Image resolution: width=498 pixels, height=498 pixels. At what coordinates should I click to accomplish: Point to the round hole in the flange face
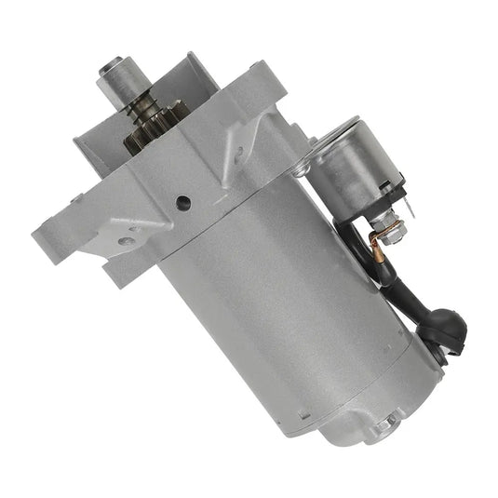coord(184,200)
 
